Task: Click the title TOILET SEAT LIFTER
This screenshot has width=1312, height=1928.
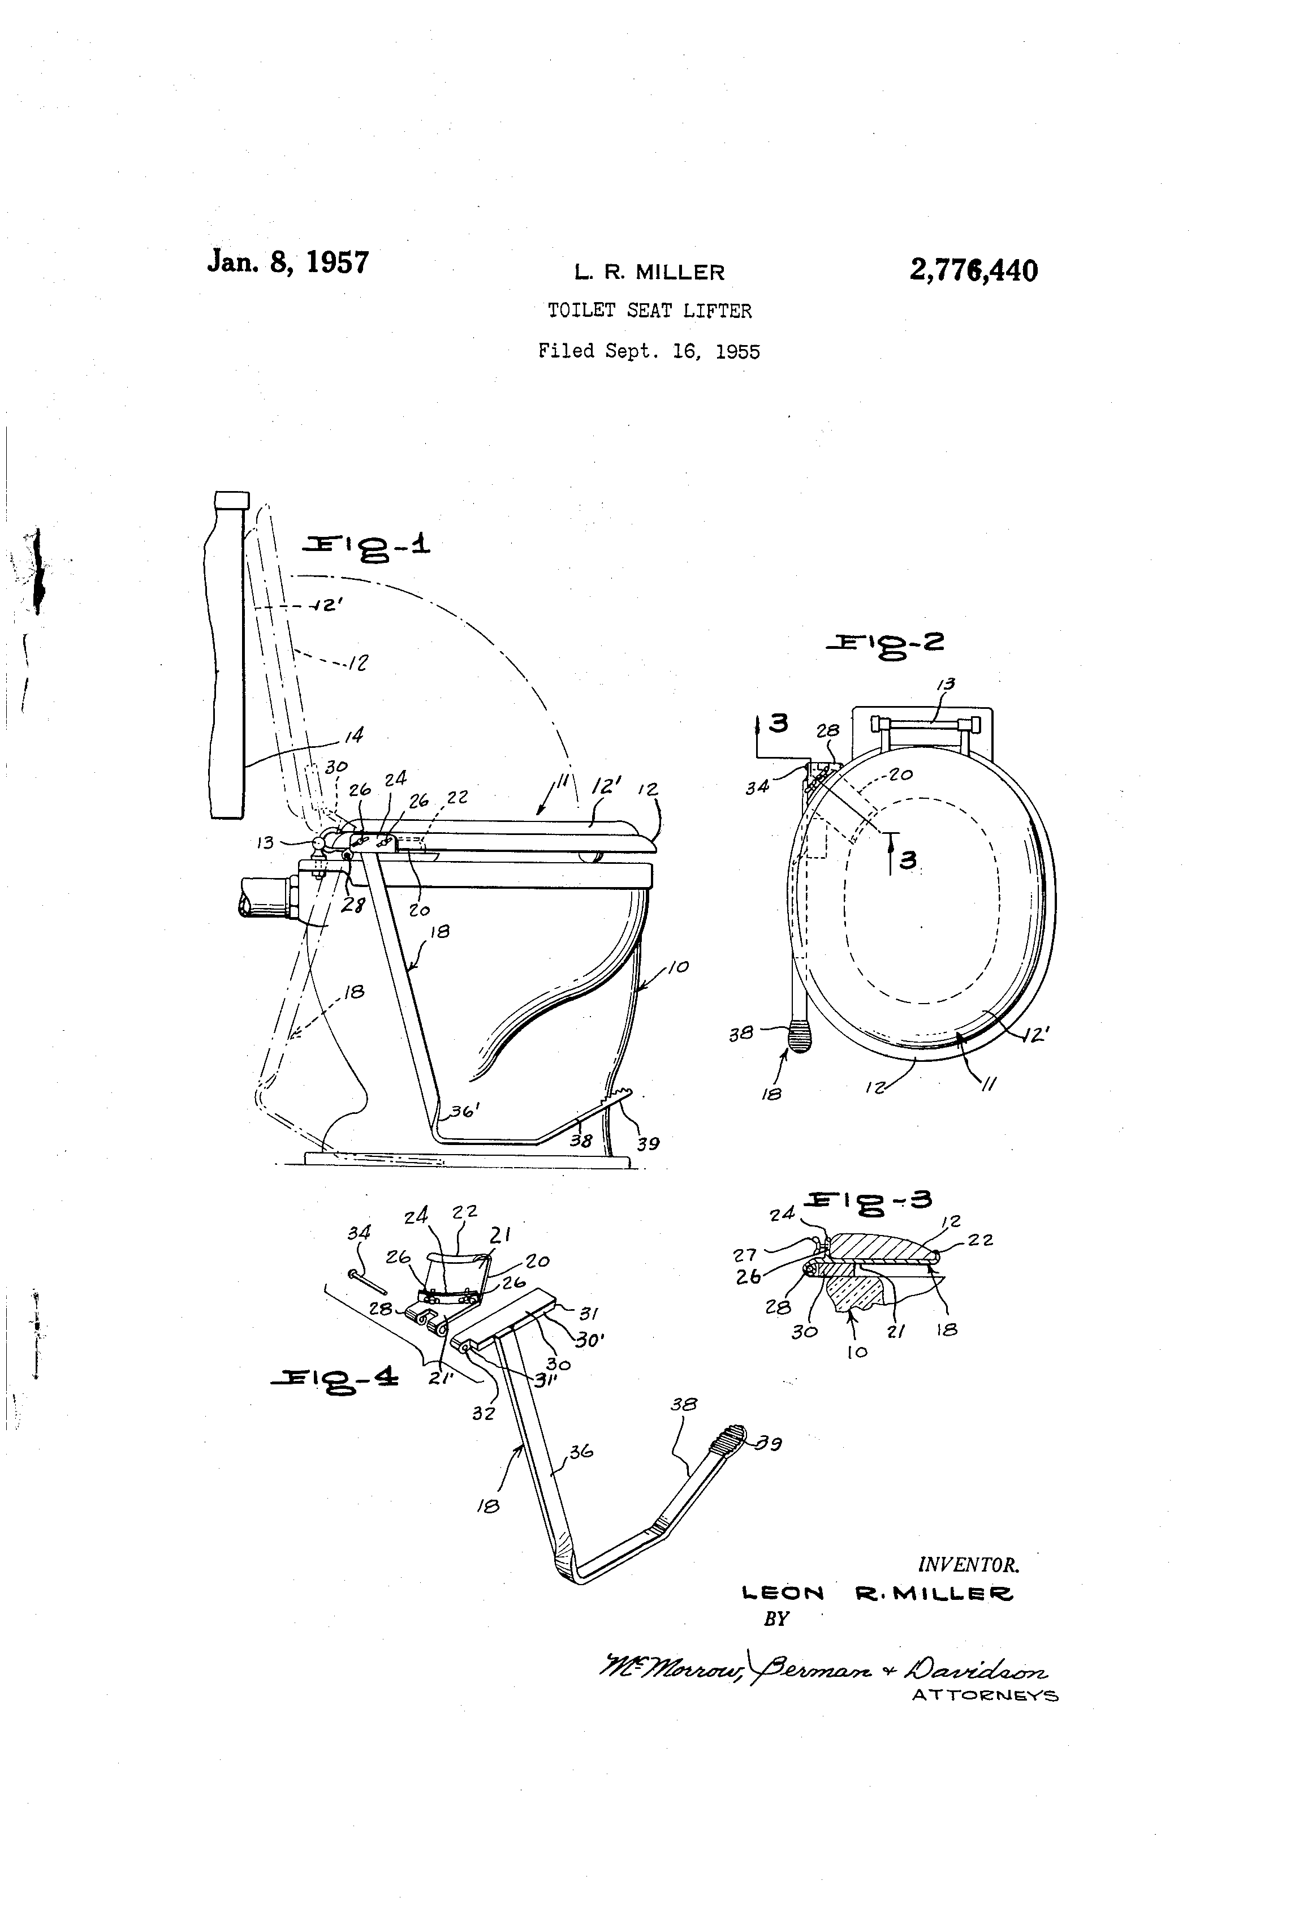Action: [x=649, y=311]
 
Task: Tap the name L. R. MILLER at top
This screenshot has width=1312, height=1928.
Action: [x=649, y=272]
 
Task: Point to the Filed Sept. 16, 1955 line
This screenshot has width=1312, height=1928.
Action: [x=649, y=351]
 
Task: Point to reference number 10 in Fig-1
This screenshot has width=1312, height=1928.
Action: [x=679, y=966]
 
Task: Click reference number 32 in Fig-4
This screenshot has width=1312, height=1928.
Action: [x=483, y=1413]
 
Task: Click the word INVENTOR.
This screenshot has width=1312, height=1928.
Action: [x=968, y=1565]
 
